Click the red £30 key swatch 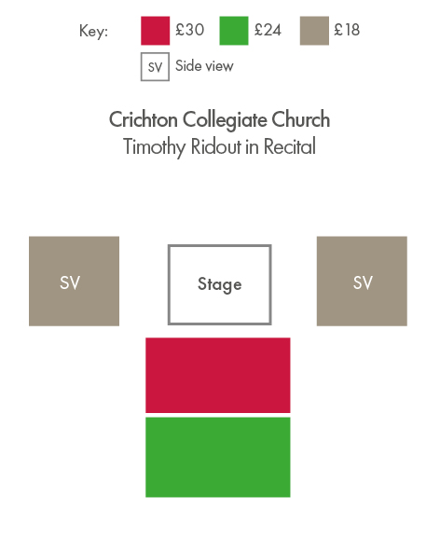click(155, 31)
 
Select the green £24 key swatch click(234, 31)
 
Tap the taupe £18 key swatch click(314, 31)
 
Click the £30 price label click(190, 30)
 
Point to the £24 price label click(268, 30)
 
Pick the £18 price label click(347, 30)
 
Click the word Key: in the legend click(93, 32)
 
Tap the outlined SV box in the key click(155, 67)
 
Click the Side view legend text click(204, 66)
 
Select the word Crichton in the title click(144, 119)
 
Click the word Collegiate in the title click(225, 120)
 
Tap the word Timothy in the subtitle click(155, 147)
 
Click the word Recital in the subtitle click(290, 146)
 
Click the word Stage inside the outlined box click(220, 284)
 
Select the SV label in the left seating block click(70, 282)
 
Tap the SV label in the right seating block click(363, 282)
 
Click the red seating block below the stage click(218, 376)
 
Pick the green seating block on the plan click(218, 457)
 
